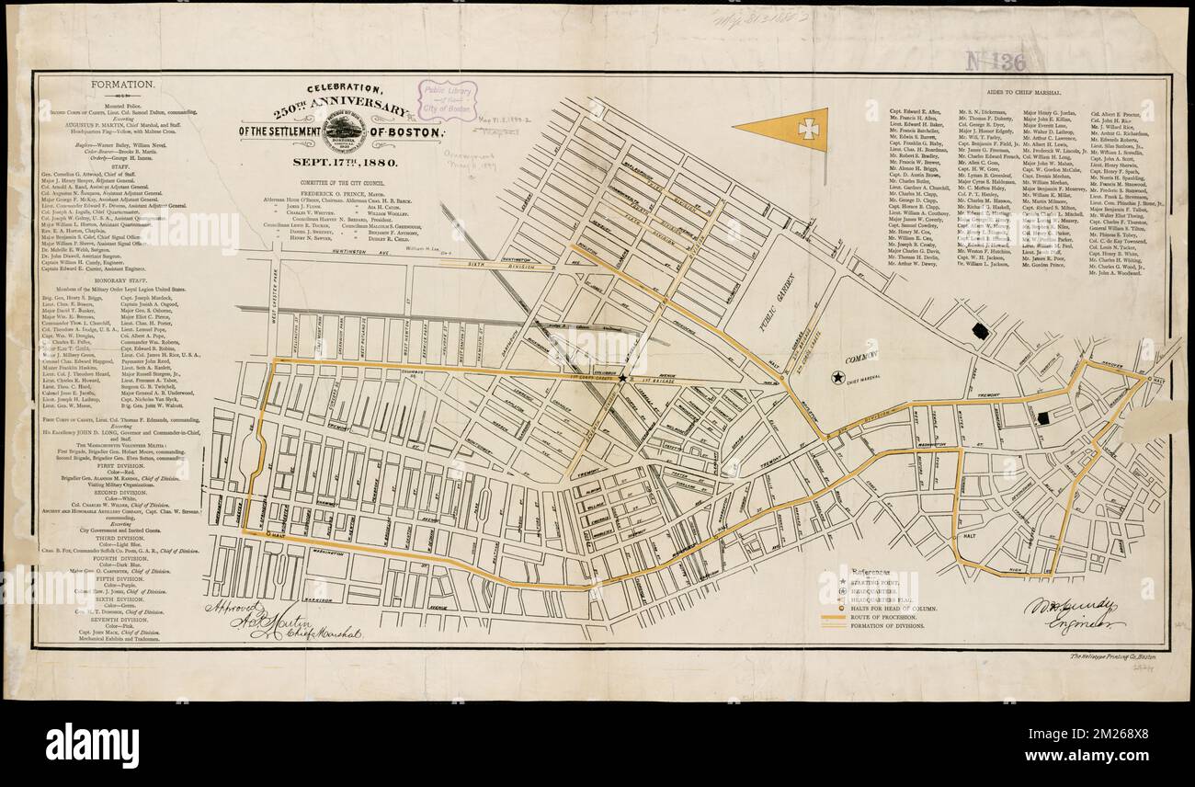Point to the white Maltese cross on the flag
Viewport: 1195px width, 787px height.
(808, 129)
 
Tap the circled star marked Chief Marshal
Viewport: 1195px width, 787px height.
(837, 377)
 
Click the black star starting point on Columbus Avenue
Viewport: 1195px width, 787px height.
(622, 377)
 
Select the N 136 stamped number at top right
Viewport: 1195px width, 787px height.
(995, 61)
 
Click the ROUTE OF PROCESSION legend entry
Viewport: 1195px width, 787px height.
(887, 615)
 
